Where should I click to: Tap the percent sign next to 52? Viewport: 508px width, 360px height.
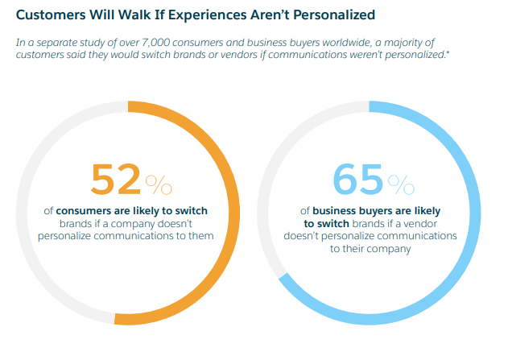(x=159, y=184)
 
